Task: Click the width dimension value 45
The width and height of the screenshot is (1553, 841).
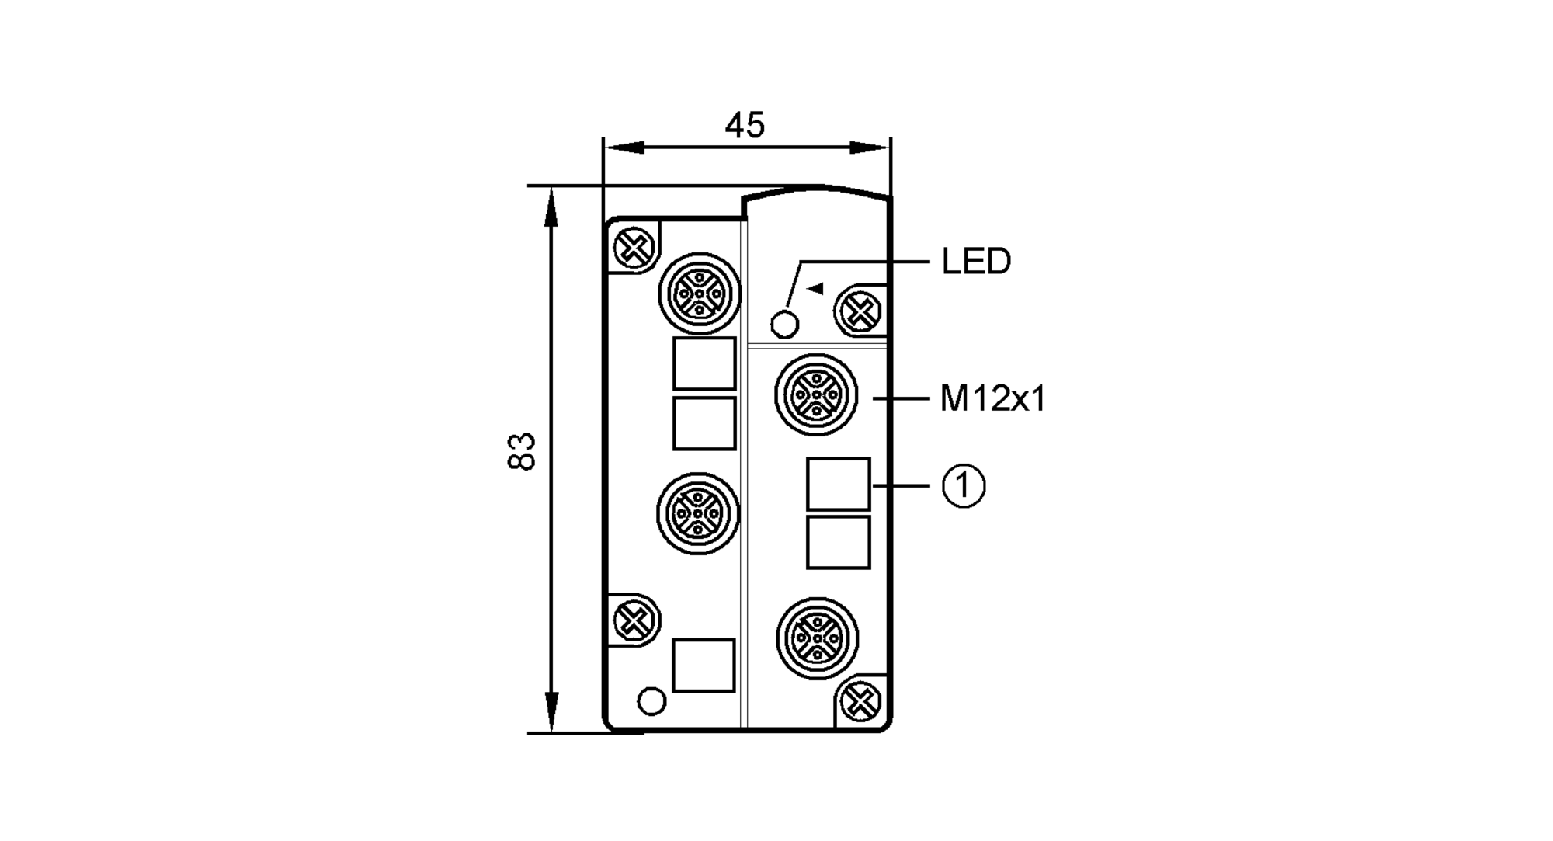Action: (745, 125)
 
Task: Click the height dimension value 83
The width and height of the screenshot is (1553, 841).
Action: (522, 451)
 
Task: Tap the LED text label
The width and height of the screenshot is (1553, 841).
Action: (976, 262)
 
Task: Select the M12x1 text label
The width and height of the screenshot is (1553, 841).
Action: (993, 399)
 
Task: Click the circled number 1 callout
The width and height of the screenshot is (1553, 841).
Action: (964, 486)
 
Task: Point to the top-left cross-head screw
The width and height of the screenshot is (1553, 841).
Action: (633, 248)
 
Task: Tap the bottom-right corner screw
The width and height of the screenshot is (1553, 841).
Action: (860, 702)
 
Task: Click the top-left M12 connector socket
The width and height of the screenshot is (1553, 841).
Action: (700, 294)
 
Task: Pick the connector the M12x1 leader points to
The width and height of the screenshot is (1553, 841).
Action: (816, 394)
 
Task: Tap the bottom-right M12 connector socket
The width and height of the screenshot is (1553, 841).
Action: (818, 638)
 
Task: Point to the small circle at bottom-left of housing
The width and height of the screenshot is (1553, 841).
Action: (651, 701)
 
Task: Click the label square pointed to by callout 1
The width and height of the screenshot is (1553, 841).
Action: (838, 484)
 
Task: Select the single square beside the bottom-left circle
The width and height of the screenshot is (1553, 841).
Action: (704, 666)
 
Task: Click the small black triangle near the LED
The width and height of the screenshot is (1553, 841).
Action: (815, 289)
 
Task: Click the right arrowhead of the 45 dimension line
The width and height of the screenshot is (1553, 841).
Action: (870, 148)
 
